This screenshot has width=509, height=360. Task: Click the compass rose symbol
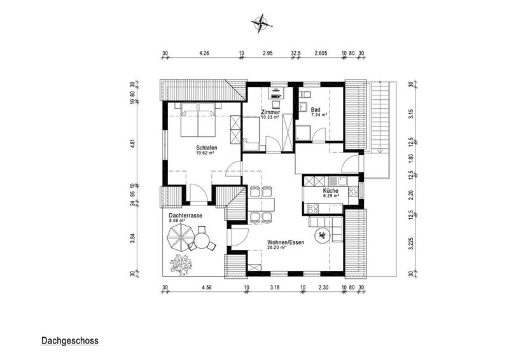point(260,24)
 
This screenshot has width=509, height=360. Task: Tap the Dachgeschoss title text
point(70,341)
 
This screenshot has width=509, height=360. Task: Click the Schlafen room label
point(207,148)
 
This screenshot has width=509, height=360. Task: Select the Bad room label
point(315,110)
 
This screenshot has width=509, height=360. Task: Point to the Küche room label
point(330,191)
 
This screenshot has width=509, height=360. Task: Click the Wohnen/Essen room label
point(286,242)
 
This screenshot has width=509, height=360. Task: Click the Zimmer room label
point(270,112)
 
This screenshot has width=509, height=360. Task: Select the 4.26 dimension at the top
point(204,53)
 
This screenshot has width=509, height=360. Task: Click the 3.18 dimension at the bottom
point(274,287)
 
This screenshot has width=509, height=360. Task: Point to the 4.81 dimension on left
point(132,144)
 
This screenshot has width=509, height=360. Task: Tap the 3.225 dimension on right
point(411,244)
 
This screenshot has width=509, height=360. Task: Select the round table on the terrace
point(202,242)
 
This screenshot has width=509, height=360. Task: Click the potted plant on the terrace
point(181,264)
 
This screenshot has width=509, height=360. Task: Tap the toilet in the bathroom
point(305,94)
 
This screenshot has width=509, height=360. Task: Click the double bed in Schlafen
point(198,119)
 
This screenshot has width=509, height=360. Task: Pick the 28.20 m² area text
point(276,247)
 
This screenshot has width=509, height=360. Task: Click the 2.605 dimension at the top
point(321,53)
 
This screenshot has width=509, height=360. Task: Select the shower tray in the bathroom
point(303,134)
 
